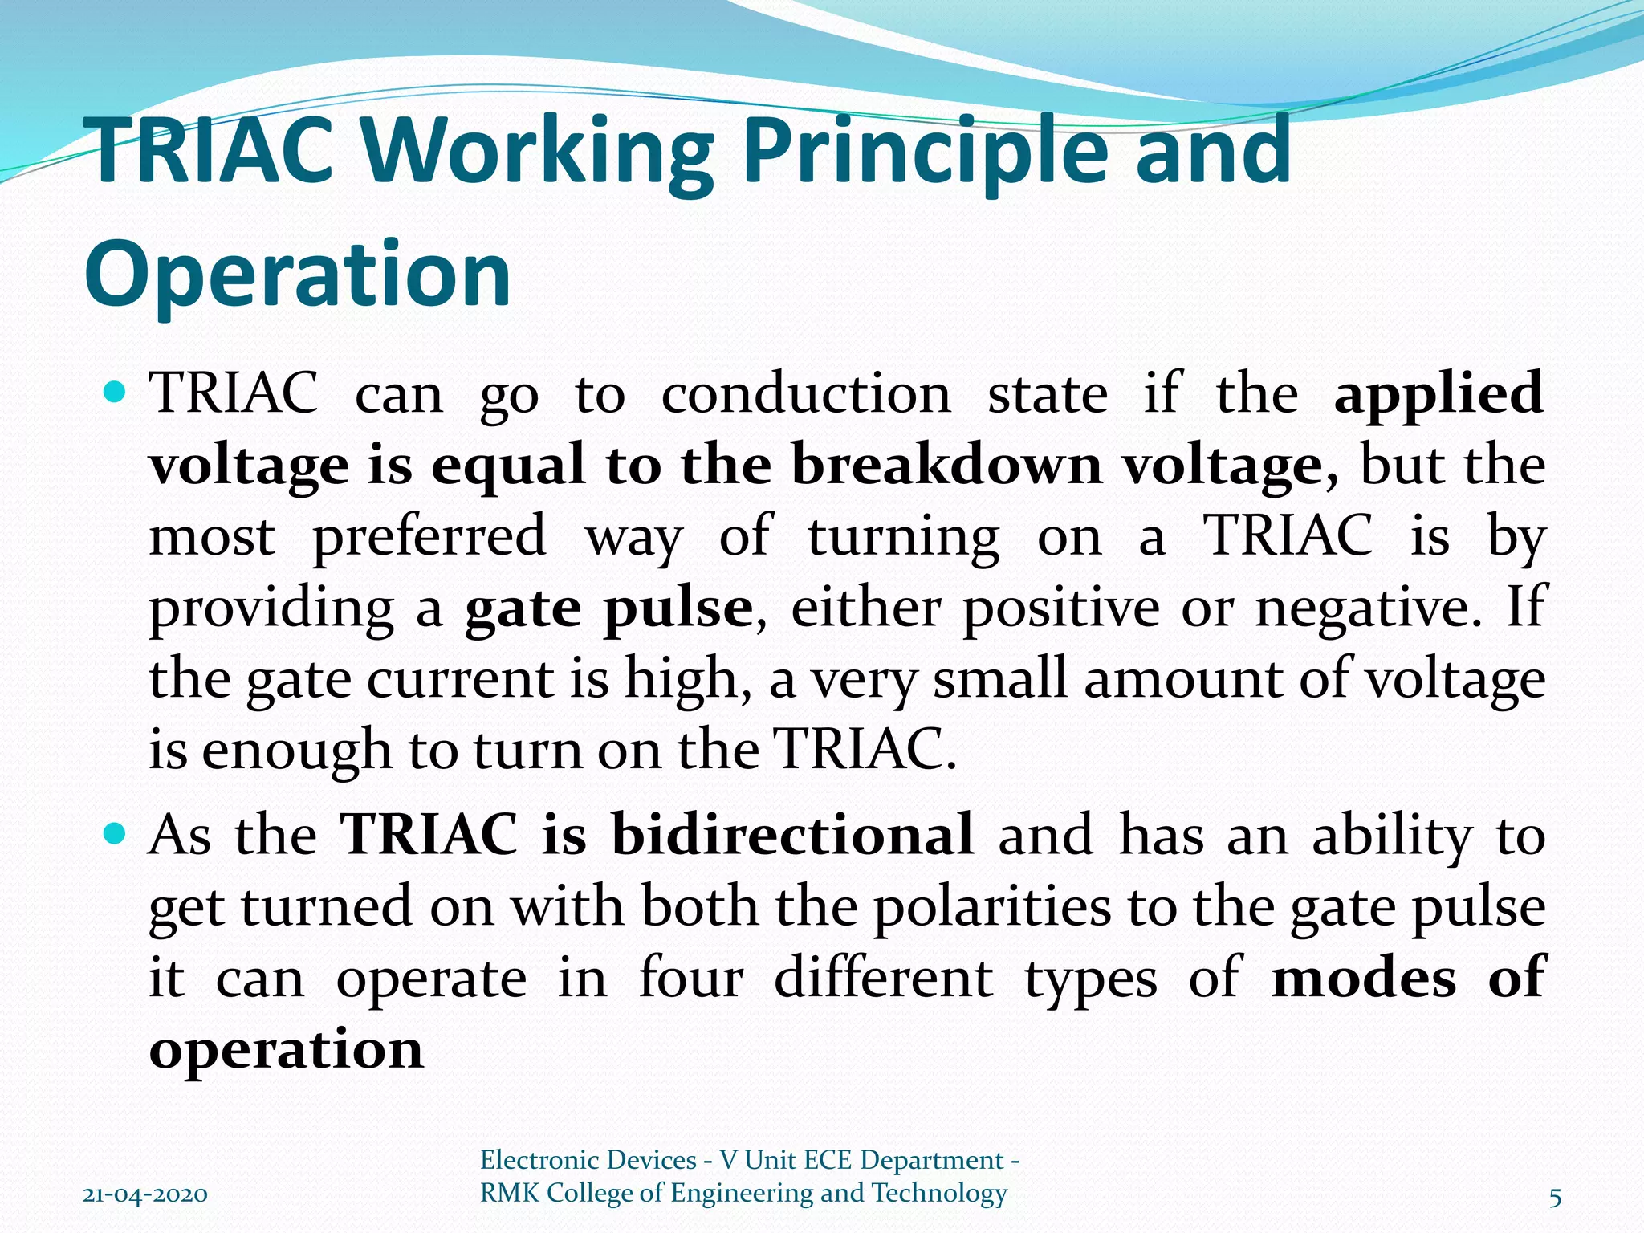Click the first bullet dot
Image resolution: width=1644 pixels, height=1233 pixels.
(x=116, y=393)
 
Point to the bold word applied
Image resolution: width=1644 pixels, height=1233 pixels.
(x=1438, y=394)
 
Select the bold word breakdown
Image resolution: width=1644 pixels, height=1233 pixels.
(x=947, y=465)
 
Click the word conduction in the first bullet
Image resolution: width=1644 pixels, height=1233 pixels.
(x=806, y=394)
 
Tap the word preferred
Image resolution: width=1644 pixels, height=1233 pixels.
(x=429, y=536)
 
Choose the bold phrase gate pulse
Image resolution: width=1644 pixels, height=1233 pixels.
(x=608, y=608)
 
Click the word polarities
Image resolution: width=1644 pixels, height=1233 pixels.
(x=992, y=906)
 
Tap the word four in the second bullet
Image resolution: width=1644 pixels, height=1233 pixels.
(x=691, y=978)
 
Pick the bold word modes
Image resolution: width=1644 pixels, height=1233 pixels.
(x=1364, y=978)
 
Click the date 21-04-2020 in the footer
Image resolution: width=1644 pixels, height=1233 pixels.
(x=145, y=1195)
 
